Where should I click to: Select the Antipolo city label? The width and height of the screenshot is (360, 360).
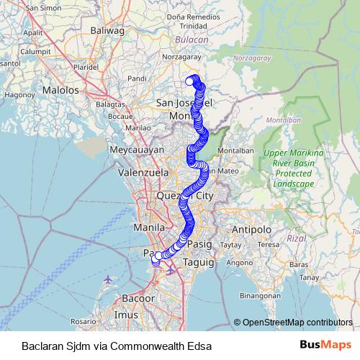click(251, 229)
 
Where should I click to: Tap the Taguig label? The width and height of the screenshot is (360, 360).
click(199, 263)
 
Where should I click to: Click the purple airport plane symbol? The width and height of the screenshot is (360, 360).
click(108, 278)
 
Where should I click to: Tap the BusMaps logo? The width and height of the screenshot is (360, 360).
click(326, 345)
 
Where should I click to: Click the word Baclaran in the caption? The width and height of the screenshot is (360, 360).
click(41, 346)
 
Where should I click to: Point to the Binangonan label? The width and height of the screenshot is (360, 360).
click(259, 296)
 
